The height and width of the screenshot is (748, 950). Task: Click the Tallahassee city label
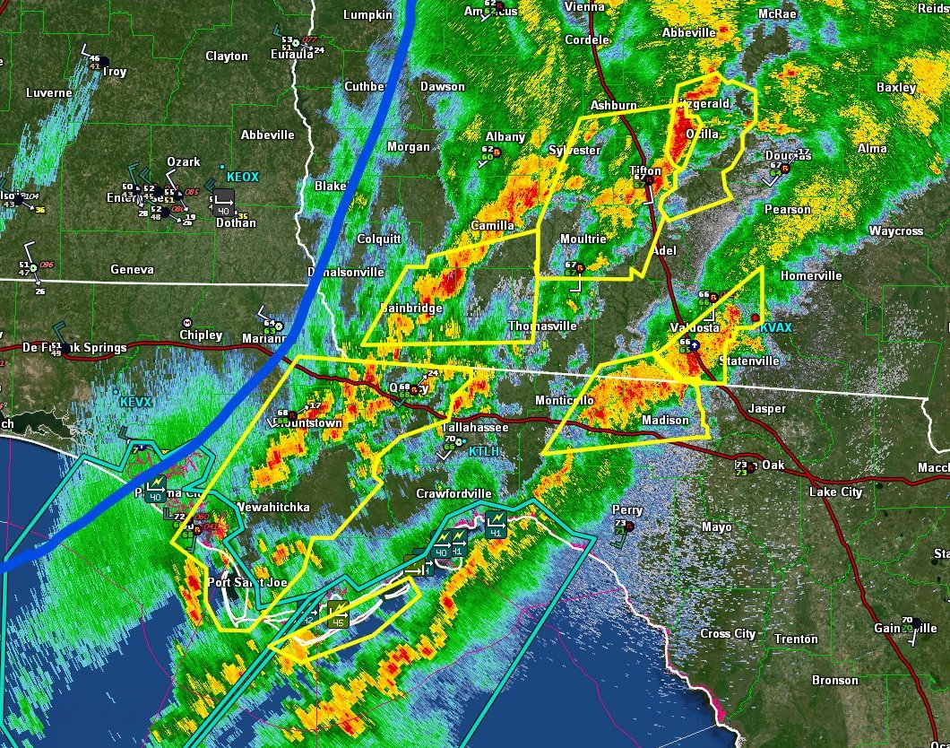[x=478, y=428]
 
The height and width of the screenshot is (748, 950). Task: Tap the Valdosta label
[x=696, y=328]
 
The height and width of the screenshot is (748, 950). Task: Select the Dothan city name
[x=237, y=224]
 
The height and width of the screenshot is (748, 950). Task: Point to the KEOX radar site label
[x=242, y=178]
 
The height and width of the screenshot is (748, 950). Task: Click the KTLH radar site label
[x=486, y=451]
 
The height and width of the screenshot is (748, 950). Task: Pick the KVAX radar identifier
[x=776, y=327]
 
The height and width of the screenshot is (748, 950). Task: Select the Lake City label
[x=835, y=491]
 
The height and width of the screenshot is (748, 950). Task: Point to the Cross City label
[x=728, y=633]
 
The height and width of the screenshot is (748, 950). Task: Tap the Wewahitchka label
[x=273, y=508]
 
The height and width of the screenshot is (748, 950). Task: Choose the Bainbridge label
[x=412, y=308]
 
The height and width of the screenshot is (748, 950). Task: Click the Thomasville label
[x=542, y=326]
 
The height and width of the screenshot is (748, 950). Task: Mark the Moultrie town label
[x=583, y=239]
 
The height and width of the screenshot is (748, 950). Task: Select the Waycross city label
[x=895, y=231]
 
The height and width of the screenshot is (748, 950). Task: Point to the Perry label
[x=627, y=510]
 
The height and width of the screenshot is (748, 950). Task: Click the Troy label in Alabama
[x=115, y=72]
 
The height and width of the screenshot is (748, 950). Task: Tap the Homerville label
[x=810, y=275]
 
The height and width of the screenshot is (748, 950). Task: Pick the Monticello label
[x=566, y=400]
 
